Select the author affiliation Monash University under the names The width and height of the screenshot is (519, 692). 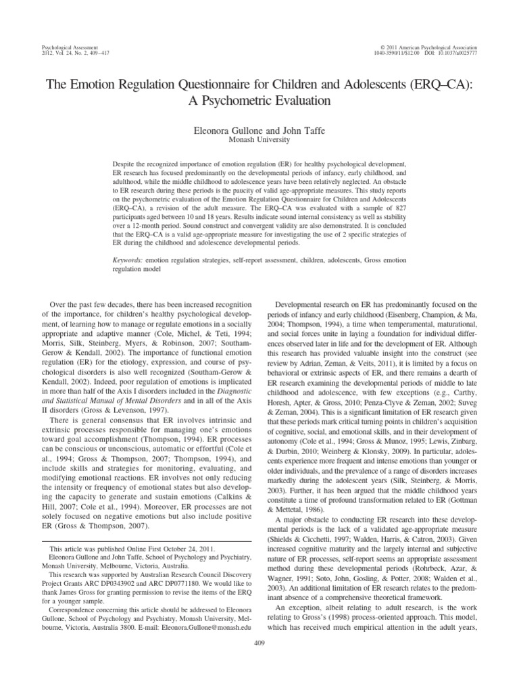click(259, 139)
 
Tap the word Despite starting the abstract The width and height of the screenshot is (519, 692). click(125, 165)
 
